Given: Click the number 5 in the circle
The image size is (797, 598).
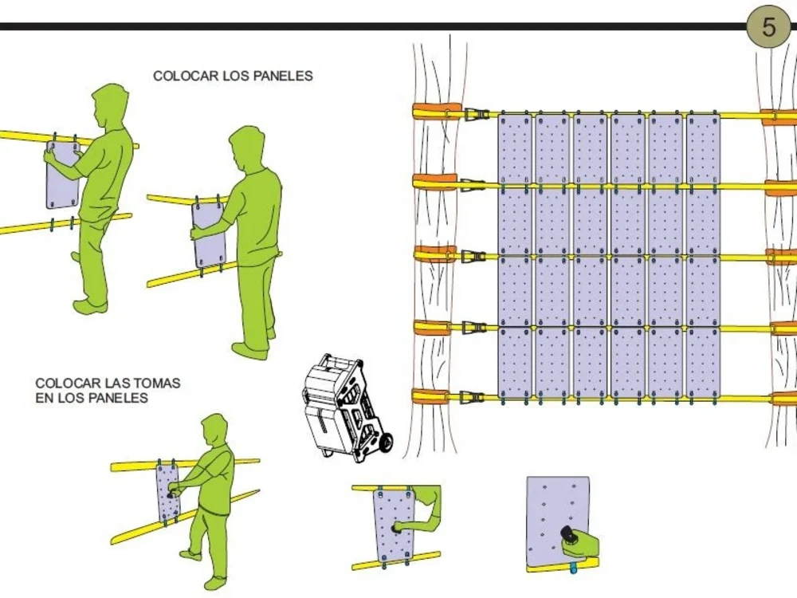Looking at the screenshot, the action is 768,26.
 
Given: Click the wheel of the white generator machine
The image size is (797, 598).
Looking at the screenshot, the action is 386,443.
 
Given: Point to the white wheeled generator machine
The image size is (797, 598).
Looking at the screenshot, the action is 347,407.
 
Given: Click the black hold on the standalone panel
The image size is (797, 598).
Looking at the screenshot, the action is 568,534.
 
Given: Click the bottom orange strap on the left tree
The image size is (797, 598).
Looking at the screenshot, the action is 431,395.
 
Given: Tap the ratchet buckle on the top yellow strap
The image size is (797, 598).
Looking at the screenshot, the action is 477,114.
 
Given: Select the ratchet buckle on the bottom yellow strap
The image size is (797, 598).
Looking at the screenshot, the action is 471,397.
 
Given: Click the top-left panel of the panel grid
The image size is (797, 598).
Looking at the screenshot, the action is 515,148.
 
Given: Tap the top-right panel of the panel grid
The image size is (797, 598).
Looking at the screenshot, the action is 704,148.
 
